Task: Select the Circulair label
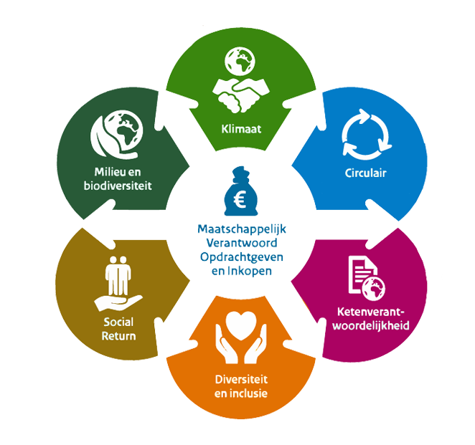point(365,173)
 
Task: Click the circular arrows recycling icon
point(365,133)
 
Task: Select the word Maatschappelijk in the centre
point(237,230)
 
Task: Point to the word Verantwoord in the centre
point(237,243)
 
